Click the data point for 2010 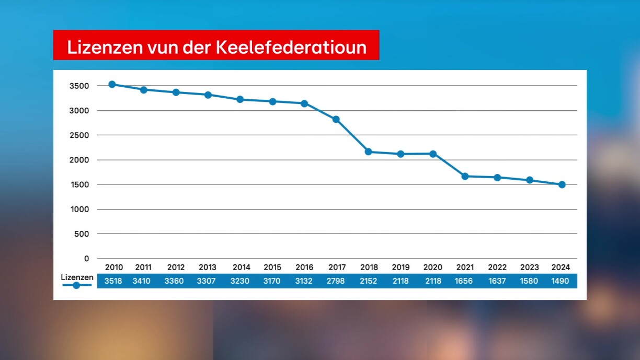[112, 84]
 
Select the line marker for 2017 [336, 119]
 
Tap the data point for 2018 [368, 152]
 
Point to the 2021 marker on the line [465, 176]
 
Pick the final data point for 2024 [562, 184]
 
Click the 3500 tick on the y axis [79, 86]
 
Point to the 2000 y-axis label [79, 160]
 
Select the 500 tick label [82, 234]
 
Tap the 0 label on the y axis [87, 259]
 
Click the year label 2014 [241, 268]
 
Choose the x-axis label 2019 [401, 268]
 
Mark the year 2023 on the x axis [529, 268]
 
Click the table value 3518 [113, 281]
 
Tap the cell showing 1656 [465, 281]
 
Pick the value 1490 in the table [561, 281]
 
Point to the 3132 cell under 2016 [304, 281]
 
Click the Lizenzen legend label [77, 277]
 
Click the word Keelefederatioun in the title [291, 47]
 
